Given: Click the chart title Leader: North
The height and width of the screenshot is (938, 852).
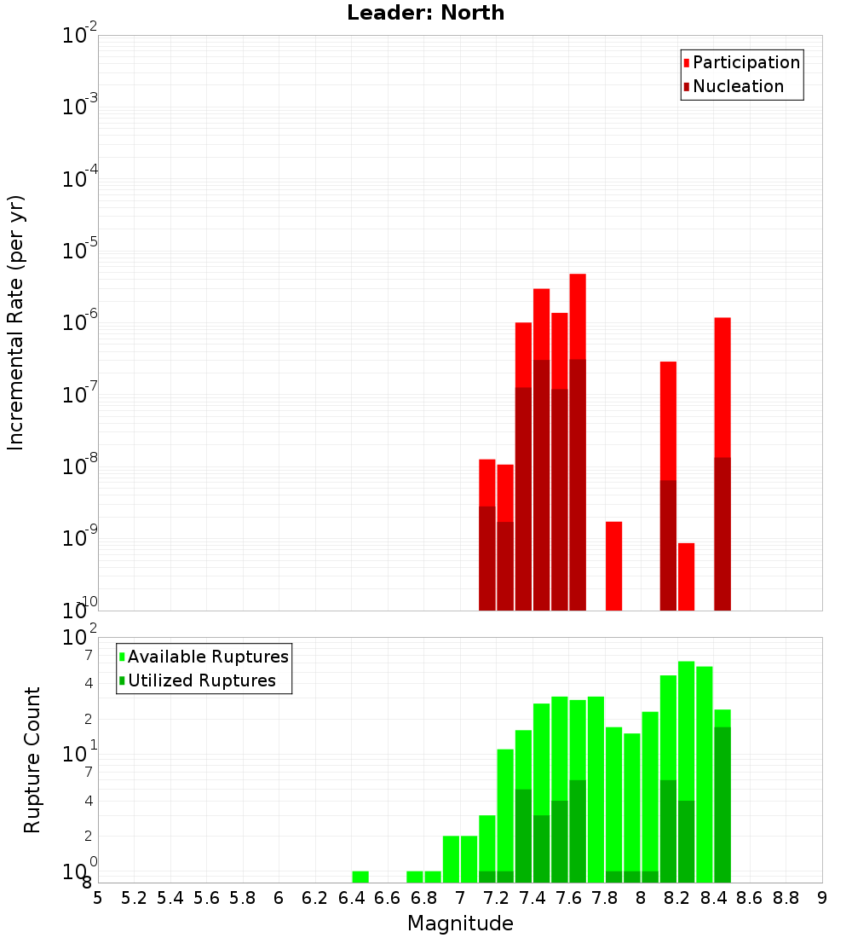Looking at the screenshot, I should coord(425,13).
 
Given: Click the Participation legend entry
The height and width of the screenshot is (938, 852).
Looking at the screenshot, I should coord(745,62).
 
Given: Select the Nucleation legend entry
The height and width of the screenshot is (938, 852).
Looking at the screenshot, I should coord(737,86).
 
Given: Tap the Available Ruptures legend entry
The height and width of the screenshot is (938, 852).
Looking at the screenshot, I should coord(207,657).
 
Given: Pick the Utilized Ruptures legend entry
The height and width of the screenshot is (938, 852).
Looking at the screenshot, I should coord(201,680).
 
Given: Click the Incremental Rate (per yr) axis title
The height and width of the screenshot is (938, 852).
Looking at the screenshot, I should coord(16,323).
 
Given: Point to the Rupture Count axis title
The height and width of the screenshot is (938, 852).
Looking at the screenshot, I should coord(32,760).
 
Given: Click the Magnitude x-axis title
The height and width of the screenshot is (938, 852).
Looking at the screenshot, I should coord(460,924).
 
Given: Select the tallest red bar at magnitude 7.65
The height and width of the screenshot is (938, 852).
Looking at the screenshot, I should coord(578,316).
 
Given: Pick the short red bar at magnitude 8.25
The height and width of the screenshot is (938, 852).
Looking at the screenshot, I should coord(686,576).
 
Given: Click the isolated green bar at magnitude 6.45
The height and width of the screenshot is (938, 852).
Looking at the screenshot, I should coord(360,877).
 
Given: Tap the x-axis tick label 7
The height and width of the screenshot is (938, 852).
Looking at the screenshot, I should coord(460,898).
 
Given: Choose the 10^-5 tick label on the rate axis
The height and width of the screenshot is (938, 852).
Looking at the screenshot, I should coord(80,251).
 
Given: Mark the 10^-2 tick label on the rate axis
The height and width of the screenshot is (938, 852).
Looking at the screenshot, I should coord(80,36).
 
